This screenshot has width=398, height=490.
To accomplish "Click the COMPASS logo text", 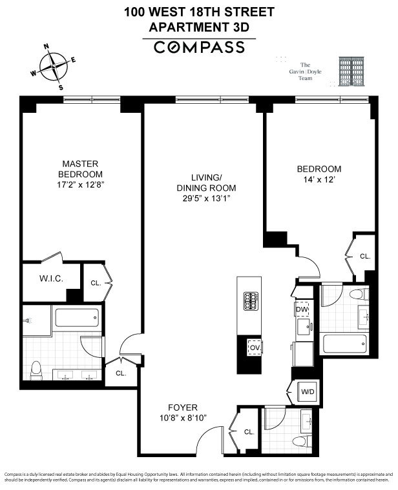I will click(x=198, y=47).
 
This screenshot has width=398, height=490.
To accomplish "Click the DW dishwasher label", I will click(x=301, y=310).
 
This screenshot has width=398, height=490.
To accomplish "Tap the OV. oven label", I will click(x=255, y=349).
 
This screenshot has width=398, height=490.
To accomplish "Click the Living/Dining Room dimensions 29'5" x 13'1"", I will click(x=206, y=199).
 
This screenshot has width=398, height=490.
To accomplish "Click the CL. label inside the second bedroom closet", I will click(x=365, y=256).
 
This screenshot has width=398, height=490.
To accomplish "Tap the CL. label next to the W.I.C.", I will click(x=95, y=282).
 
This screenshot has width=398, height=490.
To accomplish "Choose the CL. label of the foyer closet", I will click(x=249, y=432).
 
